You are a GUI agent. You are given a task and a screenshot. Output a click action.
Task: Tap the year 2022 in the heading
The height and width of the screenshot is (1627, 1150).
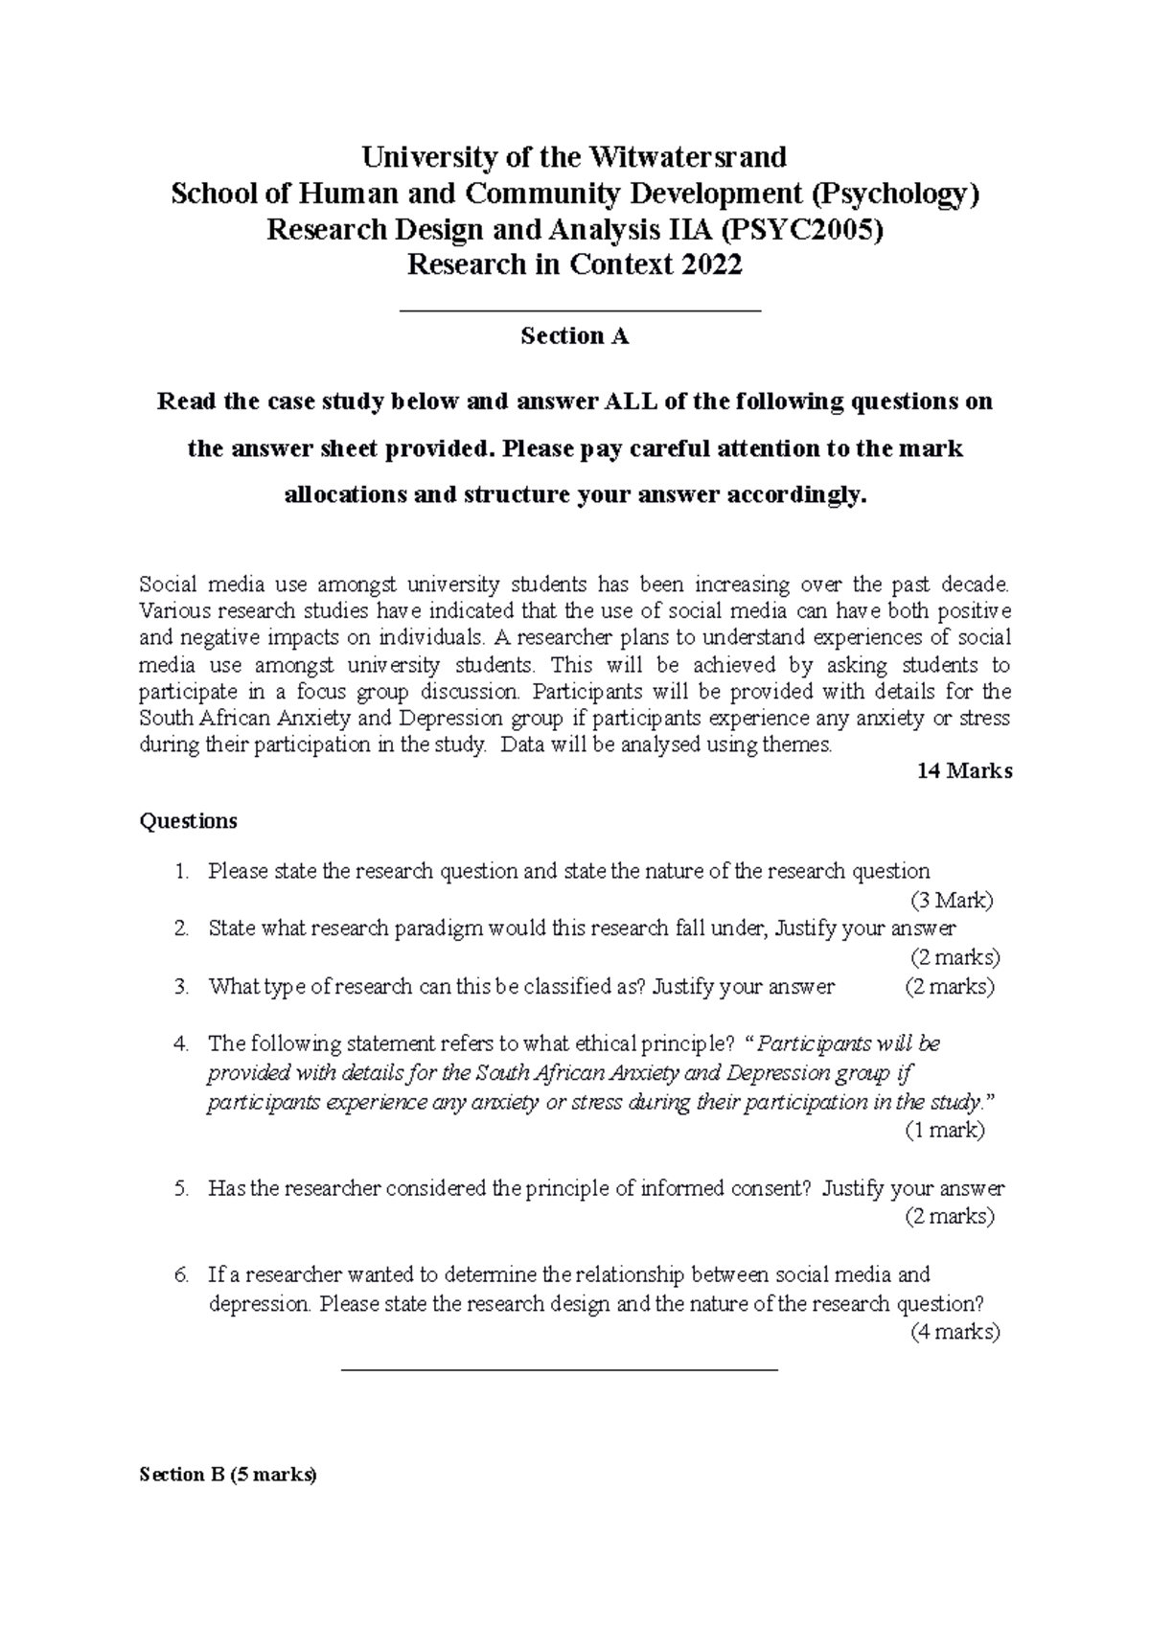[x=711, y=265]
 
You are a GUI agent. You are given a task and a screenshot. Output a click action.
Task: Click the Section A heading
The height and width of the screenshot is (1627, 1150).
[x=574, y=336]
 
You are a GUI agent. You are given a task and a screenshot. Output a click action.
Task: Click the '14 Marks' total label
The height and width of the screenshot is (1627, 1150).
[x=964, y=770]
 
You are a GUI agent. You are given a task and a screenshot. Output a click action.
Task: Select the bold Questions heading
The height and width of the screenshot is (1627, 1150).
[x=188, y=821]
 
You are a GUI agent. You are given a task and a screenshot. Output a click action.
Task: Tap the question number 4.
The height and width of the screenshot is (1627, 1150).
[x=182, y=1043]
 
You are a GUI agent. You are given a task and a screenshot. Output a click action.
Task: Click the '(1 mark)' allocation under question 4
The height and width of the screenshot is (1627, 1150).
[x=945, y=1130]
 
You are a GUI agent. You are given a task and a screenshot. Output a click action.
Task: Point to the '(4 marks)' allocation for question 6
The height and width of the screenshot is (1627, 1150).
[x=955, y=1332]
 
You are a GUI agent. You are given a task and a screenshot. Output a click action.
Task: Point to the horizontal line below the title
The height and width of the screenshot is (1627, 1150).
[x=579, y=310]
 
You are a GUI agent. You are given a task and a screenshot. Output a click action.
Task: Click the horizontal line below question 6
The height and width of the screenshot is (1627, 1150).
[x=560, y=1371]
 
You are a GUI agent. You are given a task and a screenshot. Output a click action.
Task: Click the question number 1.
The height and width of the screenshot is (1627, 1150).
[x=182, y=872]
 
